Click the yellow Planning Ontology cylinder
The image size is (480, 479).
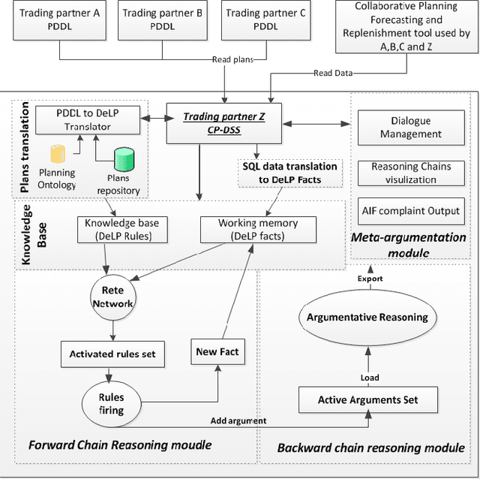(x=58, y=155)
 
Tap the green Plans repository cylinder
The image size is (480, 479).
(x=124, y=160)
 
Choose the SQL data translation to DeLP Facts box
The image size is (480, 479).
(x=290, y=172)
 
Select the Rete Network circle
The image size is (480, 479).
(x=112, y=296)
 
